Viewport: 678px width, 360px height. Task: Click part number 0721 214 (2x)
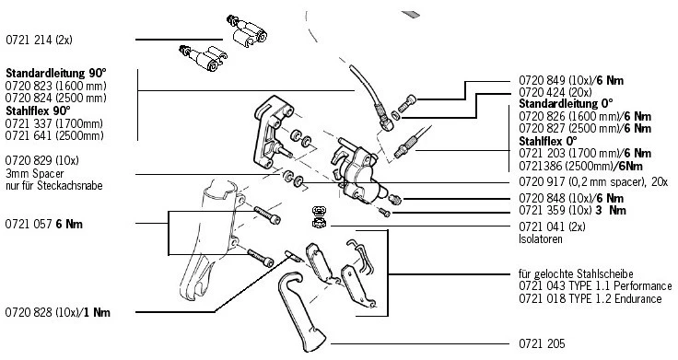39,40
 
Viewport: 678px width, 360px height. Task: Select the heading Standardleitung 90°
56,73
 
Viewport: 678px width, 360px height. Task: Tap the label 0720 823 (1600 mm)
56,86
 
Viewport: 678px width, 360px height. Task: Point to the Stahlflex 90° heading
38,110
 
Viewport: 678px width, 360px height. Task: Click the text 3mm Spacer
35,174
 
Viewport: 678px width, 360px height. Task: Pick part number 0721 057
29,225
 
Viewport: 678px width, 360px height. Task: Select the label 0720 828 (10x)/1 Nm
57,312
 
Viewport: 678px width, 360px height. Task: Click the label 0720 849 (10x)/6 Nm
571,80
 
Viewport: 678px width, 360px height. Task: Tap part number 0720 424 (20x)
555,92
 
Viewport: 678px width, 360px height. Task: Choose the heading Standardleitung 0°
566,104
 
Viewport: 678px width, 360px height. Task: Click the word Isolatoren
541,239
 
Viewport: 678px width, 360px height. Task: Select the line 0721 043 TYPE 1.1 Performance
595,286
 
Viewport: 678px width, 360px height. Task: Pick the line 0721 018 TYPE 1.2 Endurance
590,298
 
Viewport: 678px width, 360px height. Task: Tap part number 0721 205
542,344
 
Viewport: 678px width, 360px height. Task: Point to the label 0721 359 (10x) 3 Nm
572,211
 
